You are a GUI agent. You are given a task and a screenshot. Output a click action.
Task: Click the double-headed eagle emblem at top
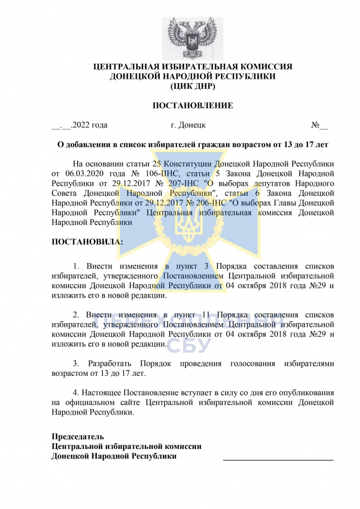(x=193, y=38)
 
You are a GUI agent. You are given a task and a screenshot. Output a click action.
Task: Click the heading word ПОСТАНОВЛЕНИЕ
(x=193, y=106)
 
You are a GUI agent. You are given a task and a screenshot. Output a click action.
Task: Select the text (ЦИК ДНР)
(x=193, y=86)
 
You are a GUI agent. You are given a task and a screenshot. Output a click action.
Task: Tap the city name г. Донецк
(x=188, y=125)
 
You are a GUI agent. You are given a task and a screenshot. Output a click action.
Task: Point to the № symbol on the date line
(x=316, y=125)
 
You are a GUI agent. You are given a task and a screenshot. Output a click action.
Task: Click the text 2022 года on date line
(x=90, y=125)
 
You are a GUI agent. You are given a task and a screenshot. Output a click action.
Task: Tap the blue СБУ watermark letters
(x=188, y=345)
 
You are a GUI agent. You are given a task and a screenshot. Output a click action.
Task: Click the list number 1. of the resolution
(x=76, y=266)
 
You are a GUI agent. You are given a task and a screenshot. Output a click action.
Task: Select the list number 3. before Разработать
(x=76, y=363)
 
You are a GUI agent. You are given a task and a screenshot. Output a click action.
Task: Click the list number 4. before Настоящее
(x=76, y=393)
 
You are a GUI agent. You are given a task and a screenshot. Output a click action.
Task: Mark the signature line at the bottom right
(x=278, y=459)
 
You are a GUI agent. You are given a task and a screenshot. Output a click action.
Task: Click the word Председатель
(x=78, y=436)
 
